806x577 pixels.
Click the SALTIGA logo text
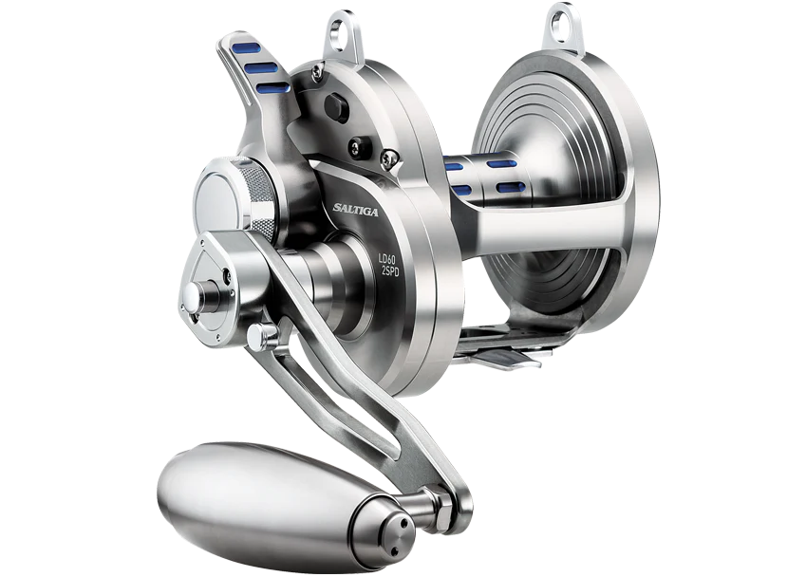click(x=355, y=209)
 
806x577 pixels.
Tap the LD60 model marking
click(x=388, y=259)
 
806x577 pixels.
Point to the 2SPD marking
click(x=390, y=271)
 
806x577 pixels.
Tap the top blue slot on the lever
click(x=247, y=48)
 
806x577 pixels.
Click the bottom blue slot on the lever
click(x=272, y=88)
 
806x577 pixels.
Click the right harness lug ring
click(x=563, y=26)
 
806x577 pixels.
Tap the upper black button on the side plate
click(x=337, y=108)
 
